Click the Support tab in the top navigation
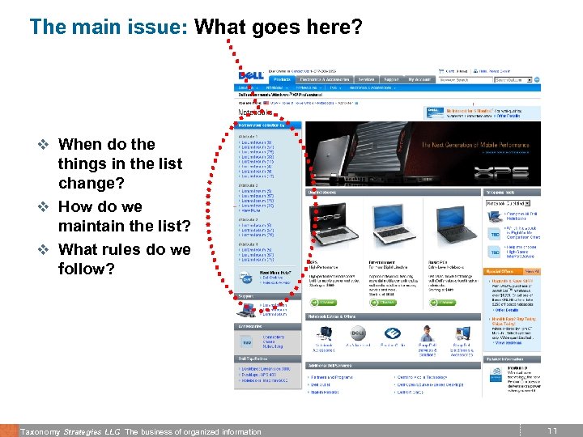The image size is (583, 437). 392,79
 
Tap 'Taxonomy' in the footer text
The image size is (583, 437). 40,431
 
